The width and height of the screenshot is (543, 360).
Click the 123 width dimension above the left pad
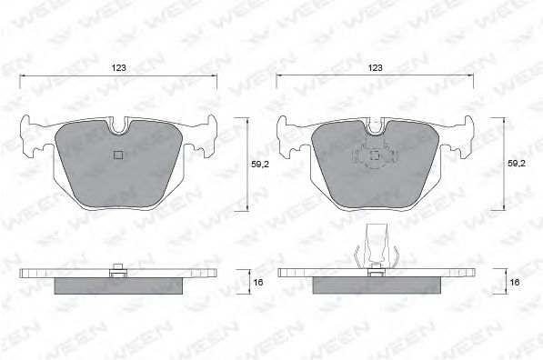click(x=117, y=67)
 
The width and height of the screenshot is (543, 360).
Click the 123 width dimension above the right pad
click(x=375, y=67)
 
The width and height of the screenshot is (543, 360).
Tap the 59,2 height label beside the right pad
click(x=516, y=165)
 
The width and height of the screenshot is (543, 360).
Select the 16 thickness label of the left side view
click(x=258, y=283)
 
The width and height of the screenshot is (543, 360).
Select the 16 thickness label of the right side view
click(x=516, y=283)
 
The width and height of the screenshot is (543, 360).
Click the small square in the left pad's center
click(x=117, y=154)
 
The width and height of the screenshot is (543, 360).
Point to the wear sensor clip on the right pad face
click(x=374, y=157)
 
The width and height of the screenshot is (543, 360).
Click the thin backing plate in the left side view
click(x=55, y=273)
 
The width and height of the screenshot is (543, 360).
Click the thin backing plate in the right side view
click(x=309, y=273)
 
